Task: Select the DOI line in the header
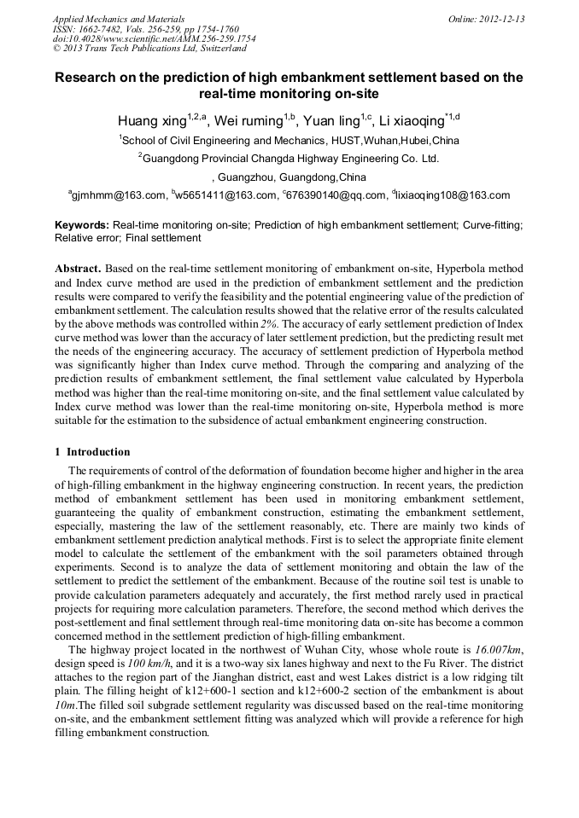tap(154, 38)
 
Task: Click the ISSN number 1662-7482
tap(104, 28)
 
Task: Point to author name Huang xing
tap(151, 119)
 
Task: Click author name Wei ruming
tap(248, 119)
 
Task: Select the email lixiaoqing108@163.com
tap(453, 195)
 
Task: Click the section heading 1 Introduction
tap(92, 452)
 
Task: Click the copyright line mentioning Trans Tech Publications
tap(149, 49)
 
